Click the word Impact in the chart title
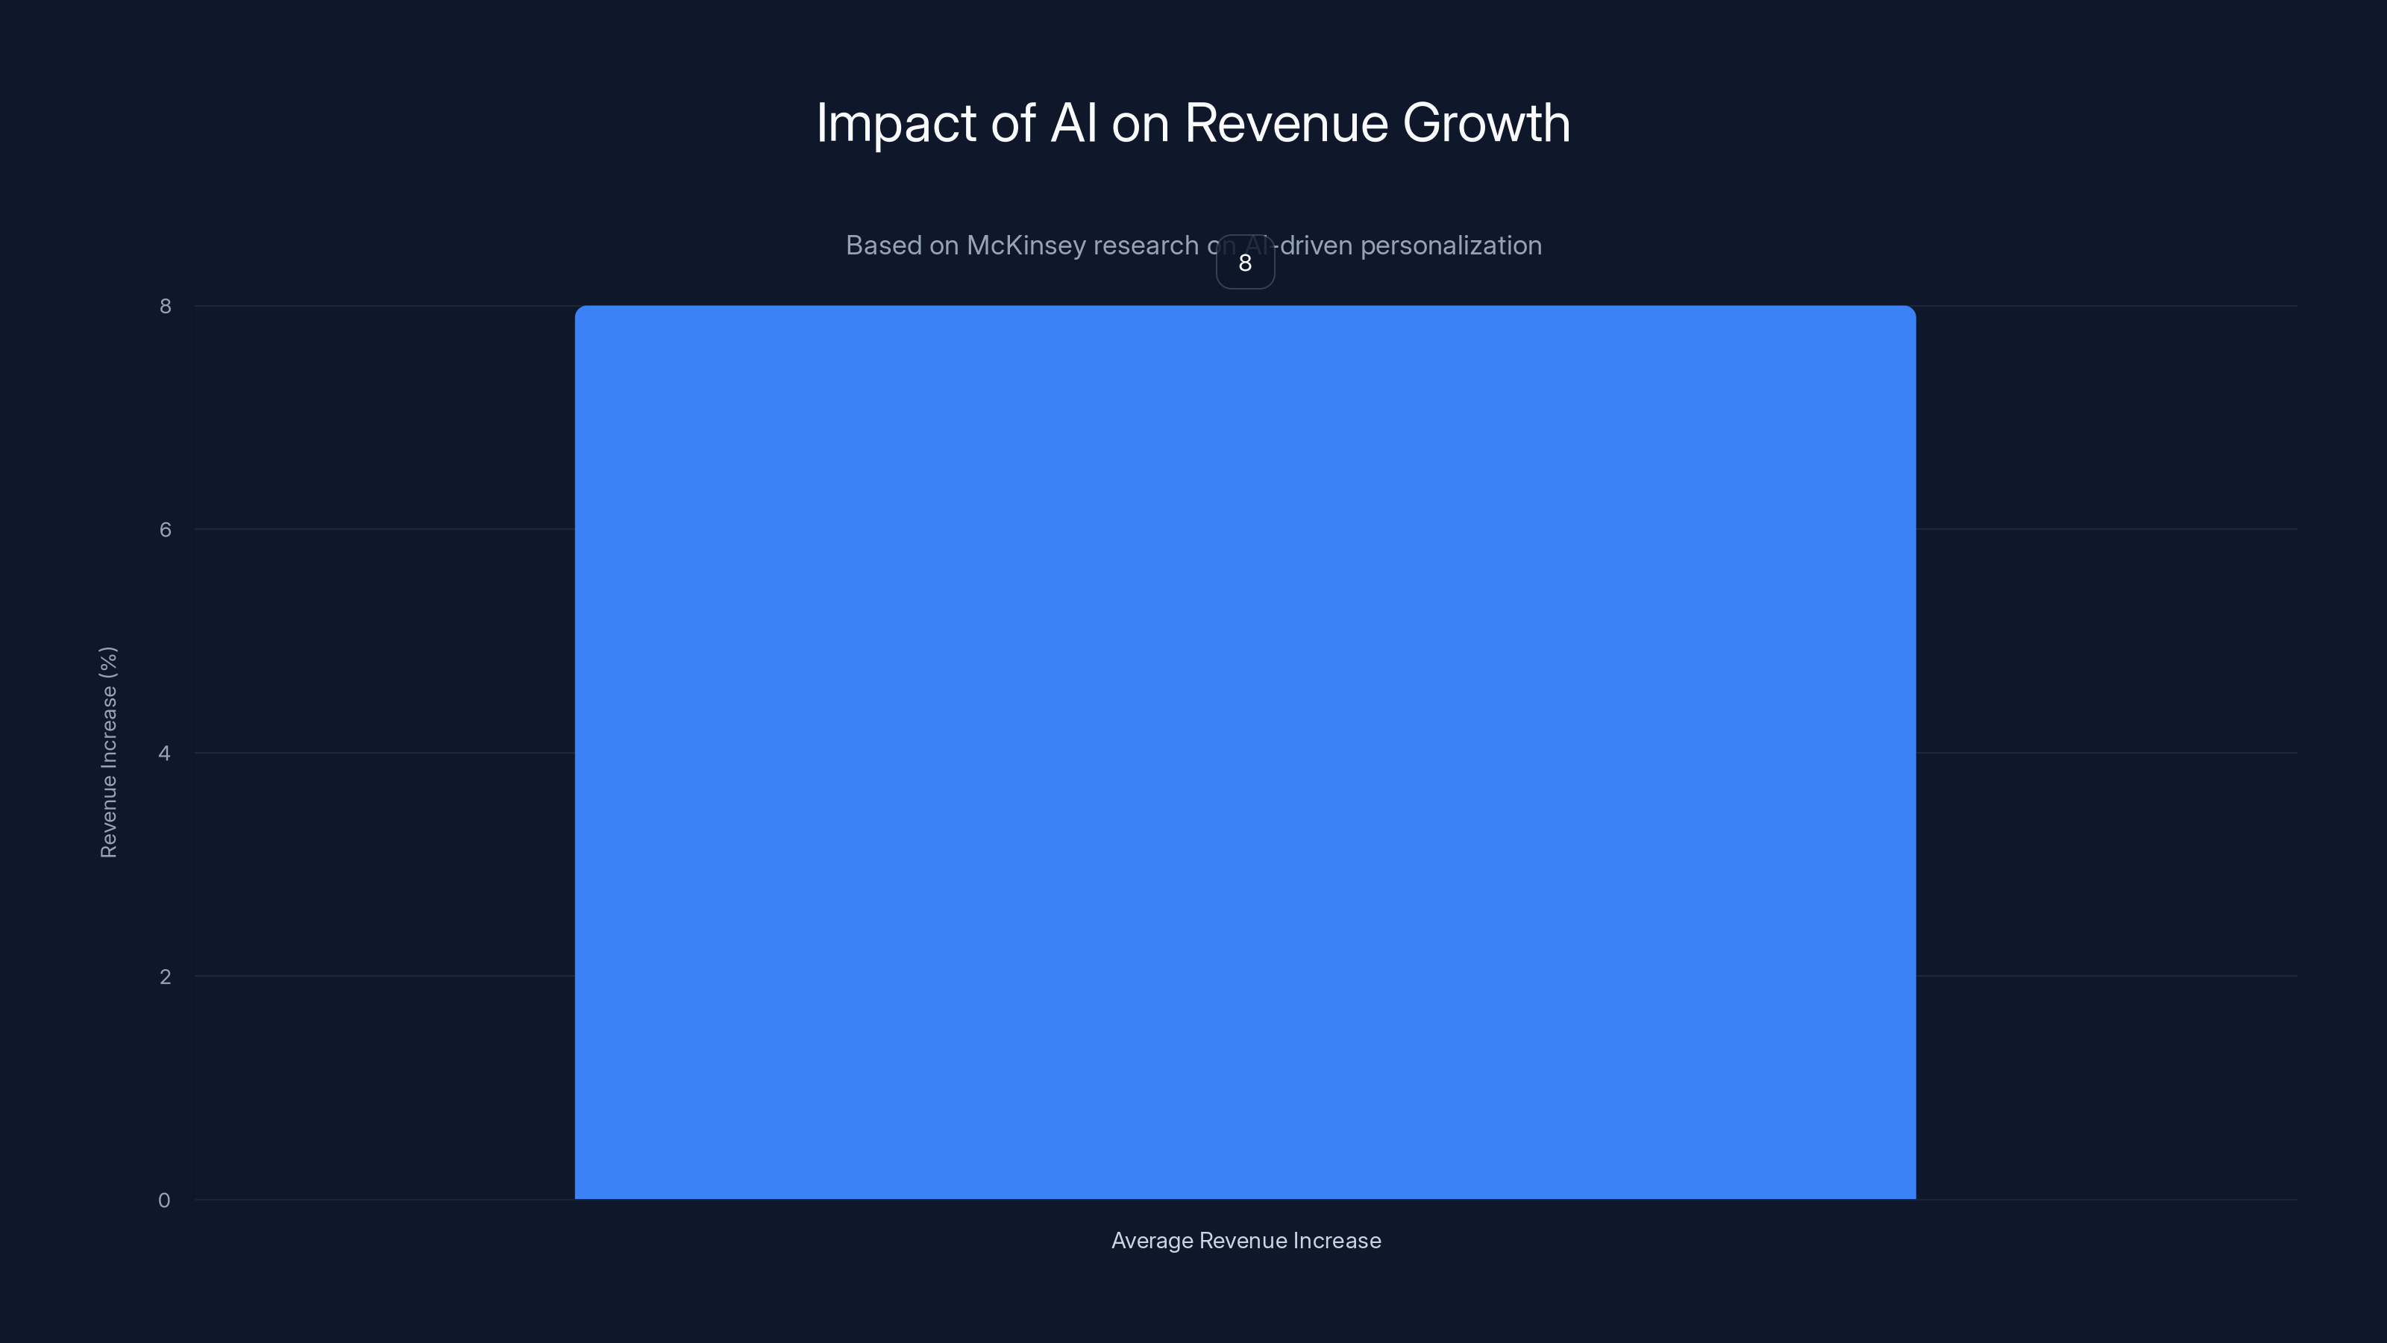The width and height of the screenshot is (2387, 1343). [x=895, y=123]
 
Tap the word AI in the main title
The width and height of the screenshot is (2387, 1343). [x=1073, y=123]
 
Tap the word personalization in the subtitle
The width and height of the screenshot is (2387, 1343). [x=1450, y=245]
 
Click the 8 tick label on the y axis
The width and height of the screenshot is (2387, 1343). [x=165, y=307]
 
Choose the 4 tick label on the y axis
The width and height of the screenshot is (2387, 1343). [x=164, y=754]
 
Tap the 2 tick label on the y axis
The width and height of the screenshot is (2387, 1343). [x=165, y=977]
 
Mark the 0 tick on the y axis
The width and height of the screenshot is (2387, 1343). [x=164, y=1201]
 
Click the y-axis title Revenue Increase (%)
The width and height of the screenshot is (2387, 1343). [x=108, y=753]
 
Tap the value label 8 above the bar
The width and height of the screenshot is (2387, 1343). [x=1244, y=263]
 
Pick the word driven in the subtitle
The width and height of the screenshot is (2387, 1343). [x=1316, y=245]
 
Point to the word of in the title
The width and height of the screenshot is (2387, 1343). [x=1013, y=123]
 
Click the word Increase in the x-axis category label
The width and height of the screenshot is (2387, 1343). [x=1338, y=1241]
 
